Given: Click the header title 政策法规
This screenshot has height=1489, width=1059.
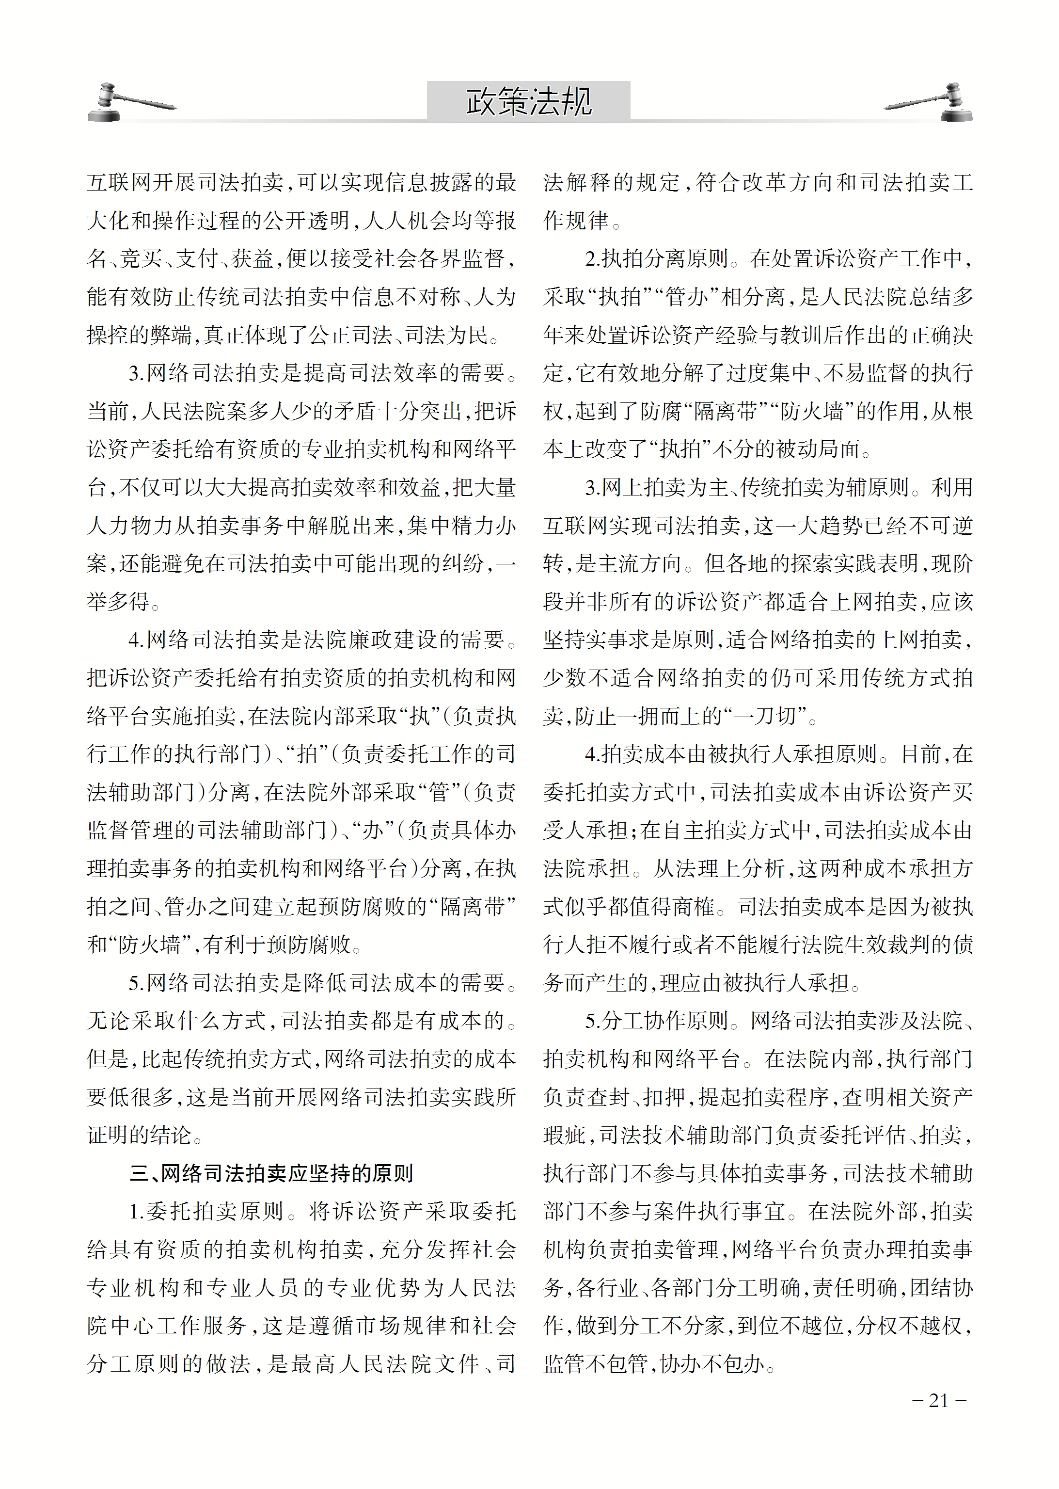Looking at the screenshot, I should pos(528,102).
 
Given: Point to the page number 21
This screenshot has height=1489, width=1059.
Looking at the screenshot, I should pos(938,1400).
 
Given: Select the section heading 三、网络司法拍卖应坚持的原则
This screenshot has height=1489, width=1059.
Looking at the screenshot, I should pos(271,1173).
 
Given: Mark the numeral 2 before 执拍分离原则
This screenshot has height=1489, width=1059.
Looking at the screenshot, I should pos(591,259).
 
